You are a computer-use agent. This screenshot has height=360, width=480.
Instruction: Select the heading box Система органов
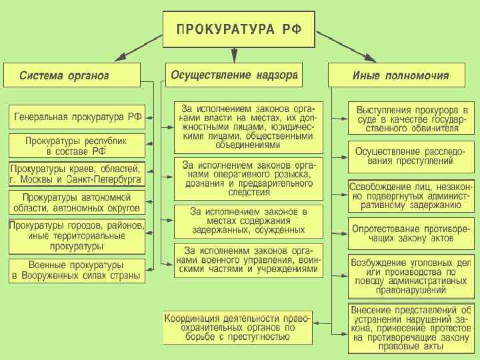coord(73,75)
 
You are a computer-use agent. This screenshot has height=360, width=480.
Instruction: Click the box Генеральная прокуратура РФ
coord(77,117)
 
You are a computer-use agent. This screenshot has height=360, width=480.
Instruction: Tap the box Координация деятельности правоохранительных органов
coord(237,327)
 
